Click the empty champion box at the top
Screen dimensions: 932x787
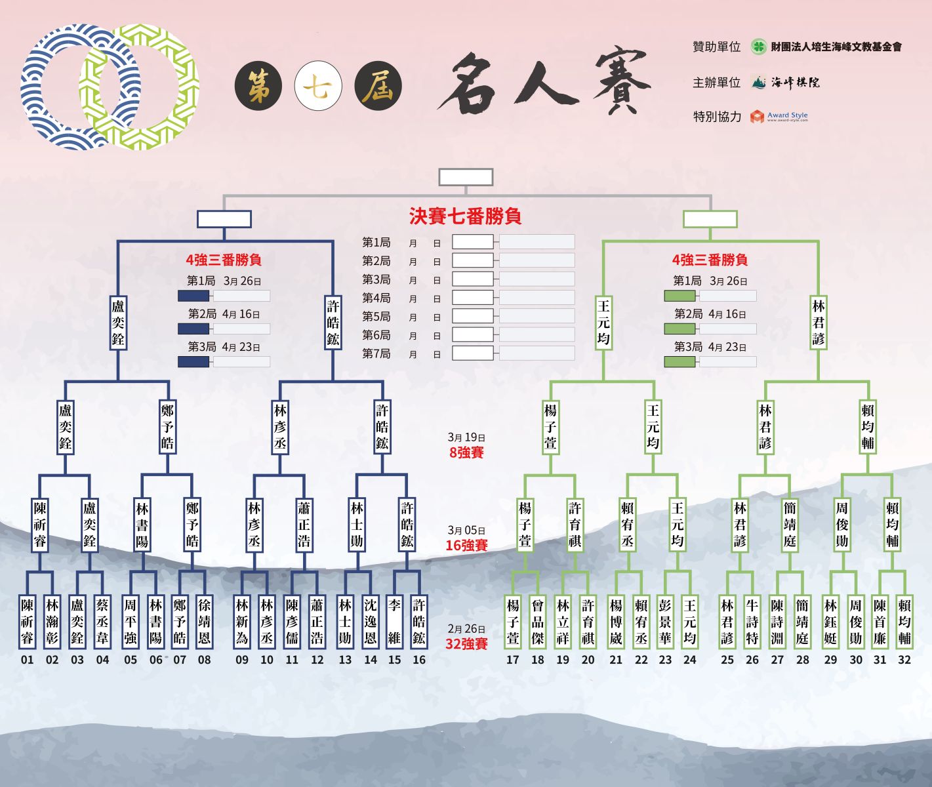pyautogui.click(x=466, y=177)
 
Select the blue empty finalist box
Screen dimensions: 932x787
pyautogui.click(x=224, y=219)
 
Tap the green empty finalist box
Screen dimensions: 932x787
pyautogui.click(x=710, y=219)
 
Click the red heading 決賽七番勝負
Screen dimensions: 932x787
pyautogui.click(x=466, y=216)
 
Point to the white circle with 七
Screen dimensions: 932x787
pyautogui.click(x=318, y=86)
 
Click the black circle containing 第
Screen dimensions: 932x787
pyautogui.click(x=258, y=86)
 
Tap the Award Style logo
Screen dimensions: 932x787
pyautogui.click(x=779, y=117)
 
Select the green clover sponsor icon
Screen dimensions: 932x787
pyautogui.click(x=758, y=47)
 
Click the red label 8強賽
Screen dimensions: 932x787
pyautogui.click(x=466, y=453)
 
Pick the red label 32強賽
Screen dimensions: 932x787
pyautogui.click(x=466, y=644)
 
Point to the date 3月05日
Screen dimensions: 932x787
pyautogui.click(x=466, y=531)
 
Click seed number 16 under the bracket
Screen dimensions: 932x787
pyautogui.click(x=419, y=660)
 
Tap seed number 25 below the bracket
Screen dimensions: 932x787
pyautogui.click(x=727, y=660)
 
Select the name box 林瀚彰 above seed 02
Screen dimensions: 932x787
pyautogui.click(x=52, y=621)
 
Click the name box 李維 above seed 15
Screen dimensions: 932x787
pyautogui.click(x=394, y=621)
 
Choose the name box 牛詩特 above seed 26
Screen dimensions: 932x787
pyautogui.click(x=752, y=621)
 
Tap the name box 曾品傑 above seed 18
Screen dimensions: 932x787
pyautogui.click(x=537, y=621)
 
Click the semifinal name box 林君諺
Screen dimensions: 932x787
pyautogui.click(x=818, y=323)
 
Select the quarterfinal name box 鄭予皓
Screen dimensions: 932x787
pyautogui.click(x=167, y=427)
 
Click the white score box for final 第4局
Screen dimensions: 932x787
pyautogui.click(x=473, y=298)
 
